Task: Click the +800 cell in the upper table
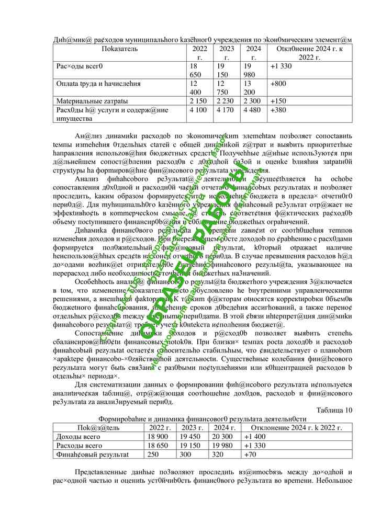point(278,83)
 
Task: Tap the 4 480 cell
point(252,110)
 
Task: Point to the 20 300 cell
point(222,437)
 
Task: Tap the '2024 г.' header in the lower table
point(222,428)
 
